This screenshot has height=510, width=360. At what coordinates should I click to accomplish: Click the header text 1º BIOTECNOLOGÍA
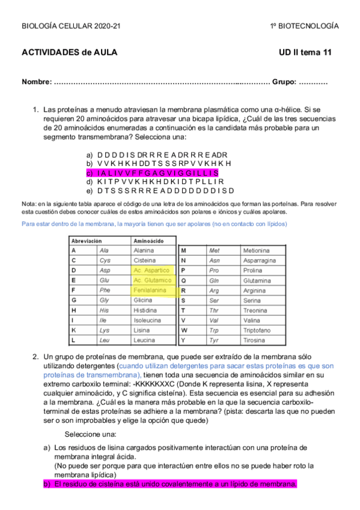(x=304, y=26)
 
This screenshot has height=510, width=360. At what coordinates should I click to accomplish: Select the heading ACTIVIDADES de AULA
(x=69, y=52)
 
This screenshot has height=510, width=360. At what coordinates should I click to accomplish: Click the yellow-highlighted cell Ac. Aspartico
(x=151, y=271)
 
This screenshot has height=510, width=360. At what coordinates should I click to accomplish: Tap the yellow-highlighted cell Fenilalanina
(x=150, y=290)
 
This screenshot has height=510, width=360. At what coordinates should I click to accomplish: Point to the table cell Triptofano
(x=259, y=330)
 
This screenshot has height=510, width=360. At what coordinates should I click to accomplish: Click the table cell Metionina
(x=257, y=250)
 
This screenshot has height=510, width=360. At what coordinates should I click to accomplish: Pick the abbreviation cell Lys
(x=105, y=330)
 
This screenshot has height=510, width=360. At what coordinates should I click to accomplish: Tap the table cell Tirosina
(x=255, y=340)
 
